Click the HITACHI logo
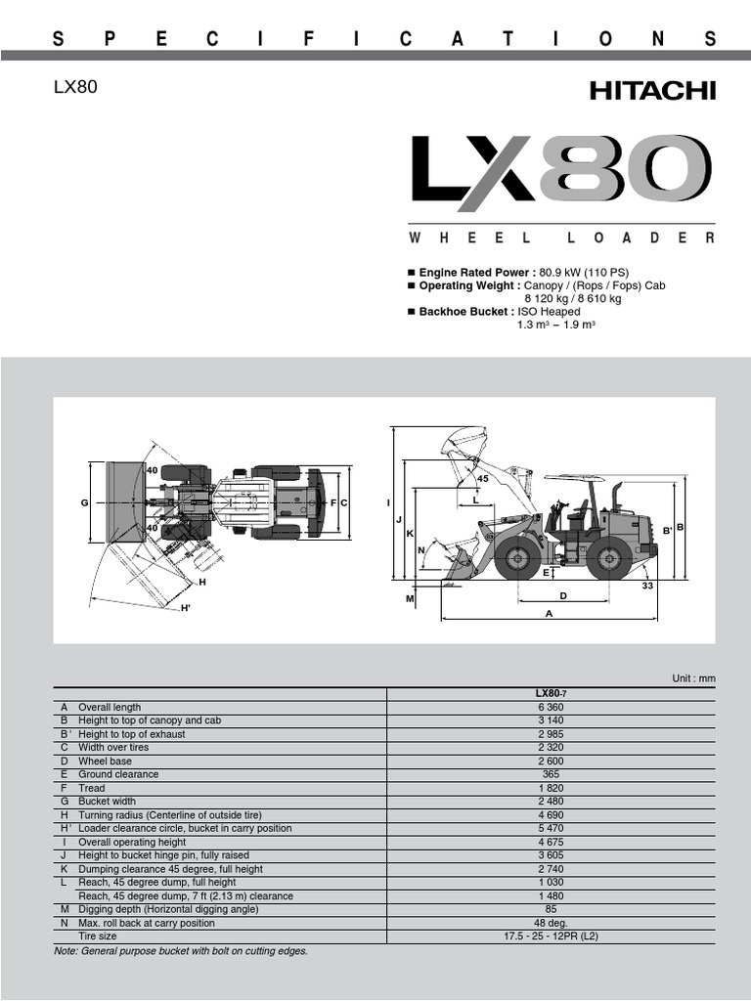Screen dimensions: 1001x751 point(652,91)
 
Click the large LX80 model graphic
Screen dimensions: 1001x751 point(561,174)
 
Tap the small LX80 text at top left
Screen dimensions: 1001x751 point(75,88)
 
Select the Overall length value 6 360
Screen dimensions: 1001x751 point(552,707)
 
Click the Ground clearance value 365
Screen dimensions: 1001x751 point(552,774)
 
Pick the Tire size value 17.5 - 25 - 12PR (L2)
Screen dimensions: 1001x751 point(552,936)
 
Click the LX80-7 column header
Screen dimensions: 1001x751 point(552,693)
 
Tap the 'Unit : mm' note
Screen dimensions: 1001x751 point(693,678)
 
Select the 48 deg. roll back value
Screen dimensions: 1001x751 point(552,923)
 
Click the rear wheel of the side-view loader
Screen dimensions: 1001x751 point(609,558)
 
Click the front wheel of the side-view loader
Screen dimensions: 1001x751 point(516,558)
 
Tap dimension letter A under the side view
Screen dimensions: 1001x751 point(550,614)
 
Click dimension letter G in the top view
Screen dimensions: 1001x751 point(84,502)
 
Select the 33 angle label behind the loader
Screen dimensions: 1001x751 point(647,586)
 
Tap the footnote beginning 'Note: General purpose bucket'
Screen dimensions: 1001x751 point(181,950)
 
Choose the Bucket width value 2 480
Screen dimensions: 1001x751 point(552,802)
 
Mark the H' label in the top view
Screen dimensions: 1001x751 point(185,609)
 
